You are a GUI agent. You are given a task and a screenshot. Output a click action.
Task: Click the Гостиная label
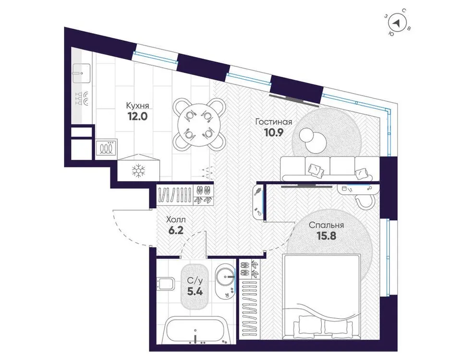click(274, 122)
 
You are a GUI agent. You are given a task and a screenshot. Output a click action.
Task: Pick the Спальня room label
click(326, 225)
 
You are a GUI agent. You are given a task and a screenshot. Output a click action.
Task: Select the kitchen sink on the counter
click(81, 72)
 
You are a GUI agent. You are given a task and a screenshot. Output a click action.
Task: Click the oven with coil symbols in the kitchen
click(106, 147)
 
